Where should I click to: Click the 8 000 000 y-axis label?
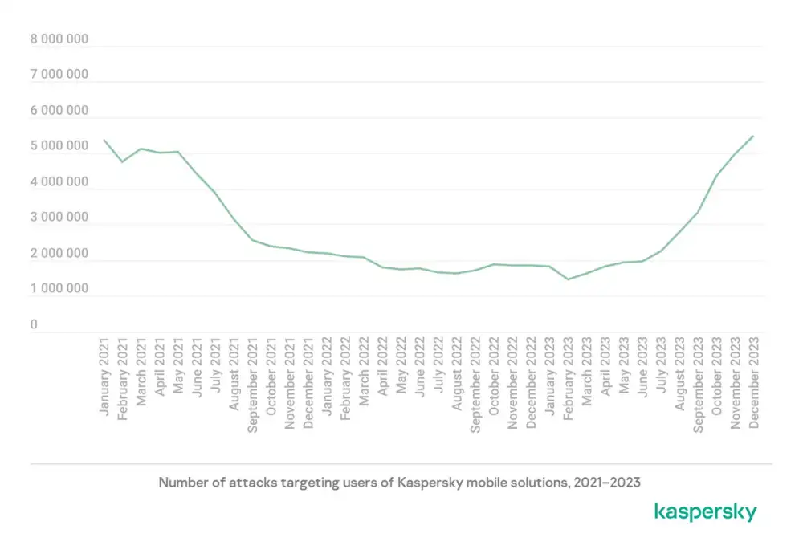[59, 39]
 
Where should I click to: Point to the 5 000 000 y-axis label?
[59, 146]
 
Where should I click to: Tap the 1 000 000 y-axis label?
[59, 288]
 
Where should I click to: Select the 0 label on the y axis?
[35, 324]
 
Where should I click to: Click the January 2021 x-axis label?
[104, 377]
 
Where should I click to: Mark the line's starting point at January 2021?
[104, 141]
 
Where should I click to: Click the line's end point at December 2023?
[752, 136]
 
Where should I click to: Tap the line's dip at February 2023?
[568, 279]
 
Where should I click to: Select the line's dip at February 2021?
[123, 162]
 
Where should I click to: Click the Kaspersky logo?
[705, 511]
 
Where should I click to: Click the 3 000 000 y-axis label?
[59, 218]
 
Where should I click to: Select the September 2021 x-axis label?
[252, 385]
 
